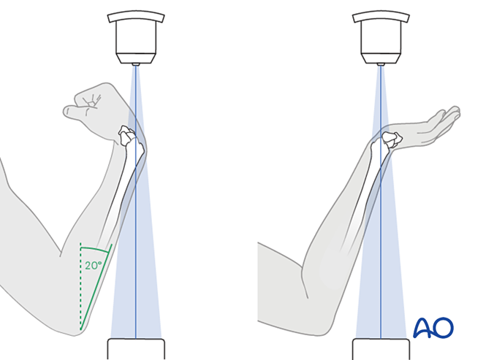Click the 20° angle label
pyautogui.click(x=93, y=266)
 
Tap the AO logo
pyautogui.click(x=433, y=328)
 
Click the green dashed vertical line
pyautogui.click(x=80, y=286)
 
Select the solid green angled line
pyautogui.click(x=96, y=286)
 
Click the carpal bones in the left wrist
pyautogui.click(x=126, y=135)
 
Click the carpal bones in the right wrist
pyautogui.click(x=392, y=139)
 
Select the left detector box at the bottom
pyautogui.click(x=136, y=349)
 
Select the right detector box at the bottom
pyautogui.click(x=381, y=349)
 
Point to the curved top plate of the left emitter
pyautogui.click(x=136, y=17)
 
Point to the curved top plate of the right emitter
pyautogui.click(x=381, y=17)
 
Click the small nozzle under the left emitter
pyautogui.click(x=135, y=64)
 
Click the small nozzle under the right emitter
pyautogui.click(x=381, y=64)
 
